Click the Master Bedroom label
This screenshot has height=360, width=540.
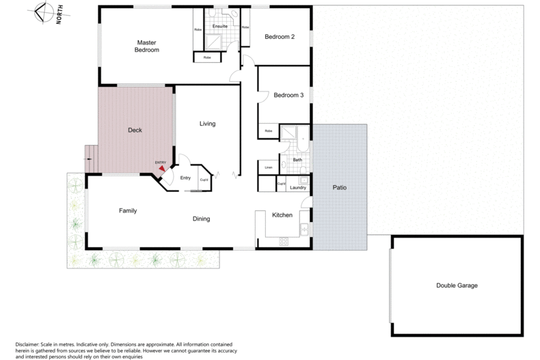[146, 46]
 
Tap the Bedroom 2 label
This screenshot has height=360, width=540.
[280, 37]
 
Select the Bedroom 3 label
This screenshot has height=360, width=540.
[288, 96]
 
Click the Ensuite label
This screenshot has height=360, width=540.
[220, 27]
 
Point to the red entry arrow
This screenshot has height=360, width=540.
[162, 170]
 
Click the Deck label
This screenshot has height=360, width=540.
[135, 130]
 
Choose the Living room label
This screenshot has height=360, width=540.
[207, 124]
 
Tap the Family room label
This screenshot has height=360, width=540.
[128, 210]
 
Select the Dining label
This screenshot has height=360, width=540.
[200, 219]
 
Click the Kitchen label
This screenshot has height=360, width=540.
[282, 215]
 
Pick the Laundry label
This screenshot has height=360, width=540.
[297, 187]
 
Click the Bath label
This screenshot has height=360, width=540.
[297, 160]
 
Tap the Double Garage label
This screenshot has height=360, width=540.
[457, 285]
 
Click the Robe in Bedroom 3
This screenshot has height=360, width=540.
[268, 130]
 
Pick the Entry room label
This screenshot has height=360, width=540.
[185, 178]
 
